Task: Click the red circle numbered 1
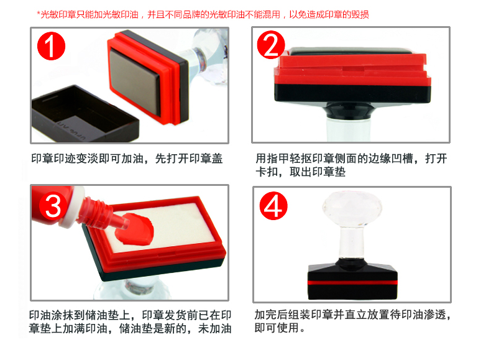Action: [x=51, y=45]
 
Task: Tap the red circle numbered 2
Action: [x=271, y=45]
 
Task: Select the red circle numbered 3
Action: [x=53, y=206]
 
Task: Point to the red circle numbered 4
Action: [x=273, y=206]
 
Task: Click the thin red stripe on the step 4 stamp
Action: [x=352, y=282]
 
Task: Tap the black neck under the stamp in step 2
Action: [x=349, y=111]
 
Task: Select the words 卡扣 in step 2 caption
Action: [x=267, y=172]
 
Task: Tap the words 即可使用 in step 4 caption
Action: [x=277, y=328]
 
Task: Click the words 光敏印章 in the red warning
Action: [x=58, y=14]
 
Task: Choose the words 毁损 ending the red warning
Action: [x=360, y=14]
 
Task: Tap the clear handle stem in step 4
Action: [x=352, y=242]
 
